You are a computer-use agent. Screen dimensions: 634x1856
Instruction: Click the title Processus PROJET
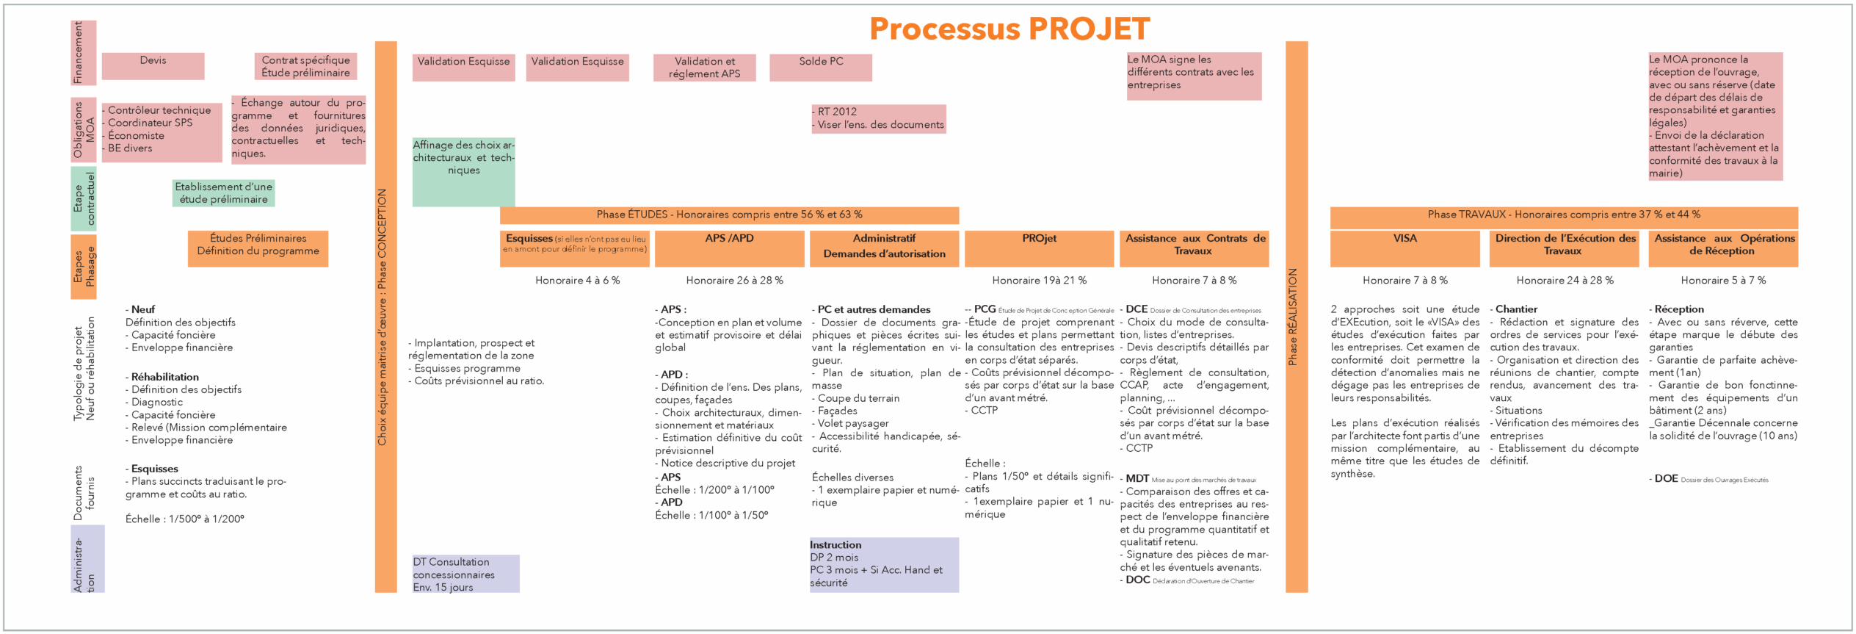coord(1009,29)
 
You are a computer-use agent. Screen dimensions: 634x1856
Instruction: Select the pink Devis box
coord(153,65)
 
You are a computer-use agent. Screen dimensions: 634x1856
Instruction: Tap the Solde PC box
coord(821,67)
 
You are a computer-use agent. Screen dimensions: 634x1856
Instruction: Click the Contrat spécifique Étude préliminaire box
coord(305,66)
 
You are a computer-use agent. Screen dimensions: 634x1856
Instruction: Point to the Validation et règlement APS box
coord(704,68)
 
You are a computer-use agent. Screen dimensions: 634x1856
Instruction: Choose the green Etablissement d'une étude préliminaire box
coord(223,193)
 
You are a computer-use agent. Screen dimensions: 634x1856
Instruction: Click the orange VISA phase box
coord(1404,248)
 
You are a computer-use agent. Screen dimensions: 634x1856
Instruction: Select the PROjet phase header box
coord(1039,248)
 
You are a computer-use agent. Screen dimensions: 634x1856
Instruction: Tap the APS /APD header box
coord(729,248)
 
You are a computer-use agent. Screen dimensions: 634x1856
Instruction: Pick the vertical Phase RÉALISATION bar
coord(1297,316)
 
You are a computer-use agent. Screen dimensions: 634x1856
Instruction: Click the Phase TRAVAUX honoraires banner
coord(1564,215)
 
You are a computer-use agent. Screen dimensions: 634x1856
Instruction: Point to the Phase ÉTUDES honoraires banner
coord(729,215)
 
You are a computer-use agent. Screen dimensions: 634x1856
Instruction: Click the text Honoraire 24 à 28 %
coord(1565,281)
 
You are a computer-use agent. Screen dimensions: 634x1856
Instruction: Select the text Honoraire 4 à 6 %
coord(577,281)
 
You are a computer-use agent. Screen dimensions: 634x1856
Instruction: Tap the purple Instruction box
coord(884,564)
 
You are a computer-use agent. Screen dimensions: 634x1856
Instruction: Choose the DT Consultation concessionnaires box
coord(465,574)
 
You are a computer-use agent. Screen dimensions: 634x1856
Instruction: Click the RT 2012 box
coord(878,118)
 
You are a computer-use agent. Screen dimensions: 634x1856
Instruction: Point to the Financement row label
coord(83,52)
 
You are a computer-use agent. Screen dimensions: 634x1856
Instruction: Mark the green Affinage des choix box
coord(463,171)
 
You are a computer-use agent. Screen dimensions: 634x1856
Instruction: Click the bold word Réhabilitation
coord(165,377)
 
